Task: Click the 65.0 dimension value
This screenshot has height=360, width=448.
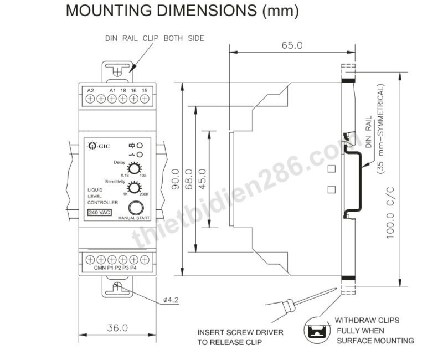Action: tap(292, 45)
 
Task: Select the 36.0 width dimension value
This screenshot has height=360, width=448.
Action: tap(117, 328)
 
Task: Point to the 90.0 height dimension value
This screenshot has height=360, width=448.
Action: tap(175, 179)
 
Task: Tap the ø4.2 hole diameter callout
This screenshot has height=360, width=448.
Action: tap(171, 300)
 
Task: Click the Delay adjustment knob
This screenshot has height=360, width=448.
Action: tap(134, 168)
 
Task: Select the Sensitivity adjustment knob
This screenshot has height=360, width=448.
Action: tap(134, 188)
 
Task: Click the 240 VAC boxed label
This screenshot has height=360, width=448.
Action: tap(100, 213)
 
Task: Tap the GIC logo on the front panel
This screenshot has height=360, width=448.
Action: tap(99, 146)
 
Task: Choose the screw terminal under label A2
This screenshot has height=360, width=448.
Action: tap(90, 99)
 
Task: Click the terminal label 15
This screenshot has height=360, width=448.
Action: tap(145, 91)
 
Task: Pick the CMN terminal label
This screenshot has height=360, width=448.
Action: tap(100, 268)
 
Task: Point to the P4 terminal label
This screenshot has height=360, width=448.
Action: tap(133, 268)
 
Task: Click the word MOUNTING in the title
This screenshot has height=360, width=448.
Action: tap(109, 11)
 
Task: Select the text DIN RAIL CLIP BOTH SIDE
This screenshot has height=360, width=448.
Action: tap(155, 38)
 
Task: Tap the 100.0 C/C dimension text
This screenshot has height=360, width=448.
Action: tap(390, 213)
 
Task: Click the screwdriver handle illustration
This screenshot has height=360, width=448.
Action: tap(290, 306)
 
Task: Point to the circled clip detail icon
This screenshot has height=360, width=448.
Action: tap(317, 330)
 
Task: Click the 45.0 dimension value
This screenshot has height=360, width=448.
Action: tap(202, 179)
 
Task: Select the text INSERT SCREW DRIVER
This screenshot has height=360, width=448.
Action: tap(240, 332)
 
